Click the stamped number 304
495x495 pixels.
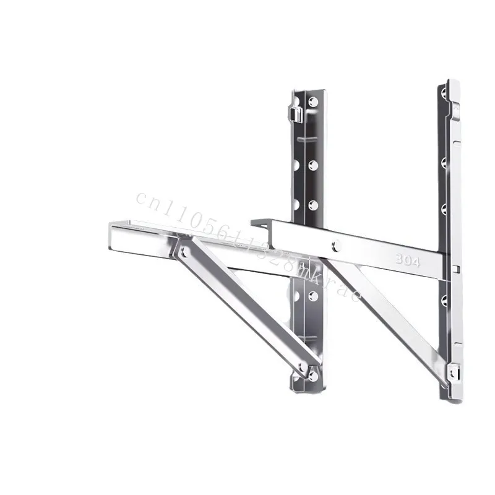408,262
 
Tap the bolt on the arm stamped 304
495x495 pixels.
337,246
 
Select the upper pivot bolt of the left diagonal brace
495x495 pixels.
183,251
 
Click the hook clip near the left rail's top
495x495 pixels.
296,113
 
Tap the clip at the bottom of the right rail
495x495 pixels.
454,371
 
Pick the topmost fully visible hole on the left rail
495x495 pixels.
313,101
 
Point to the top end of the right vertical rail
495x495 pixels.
450,82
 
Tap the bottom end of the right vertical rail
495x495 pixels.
452,399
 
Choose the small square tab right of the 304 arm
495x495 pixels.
455,269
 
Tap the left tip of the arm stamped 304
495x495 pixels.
253,222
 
